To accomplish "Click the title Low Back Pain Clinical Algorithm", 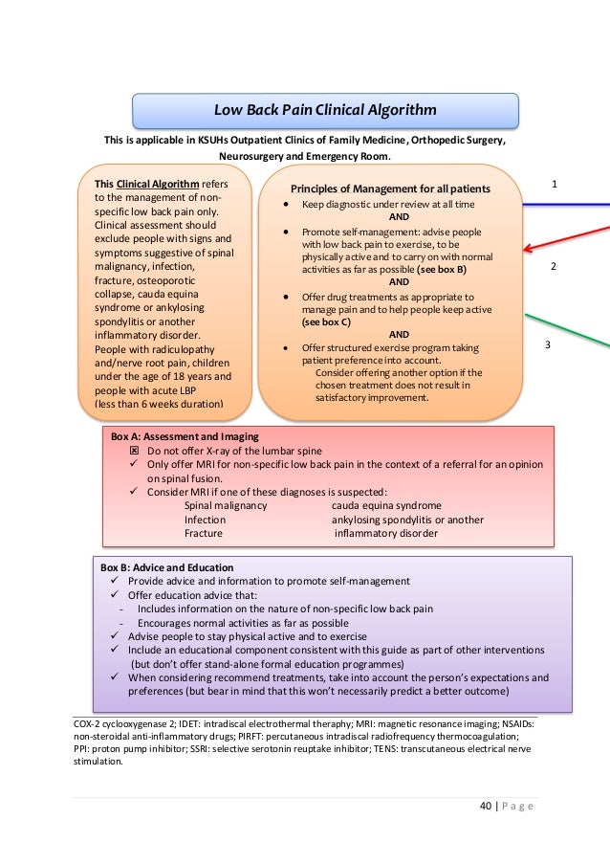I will pyautogui.click(x=325, y=110).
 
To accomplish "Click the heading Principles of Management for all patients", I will pyautogui.click(x=391, y=188).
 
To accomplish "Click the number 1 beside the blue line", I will pyautogui.click(x=555, y=183).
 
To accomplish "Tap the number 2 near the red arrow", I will pyautogui.click(x=555, y=267).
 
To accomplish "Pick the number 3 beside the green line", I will pyautogui.click(x=549, y=343).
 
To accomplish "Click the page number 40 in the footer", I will pyautogui.click(x=486, y=805).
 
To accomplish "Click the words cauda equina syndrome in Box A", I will pyautogui.click(x=386, y=505).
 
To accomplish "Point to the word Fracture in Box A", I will pyautogui.click(x=204, y=533).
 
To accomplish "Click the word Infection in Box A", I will pyautogui.click(x=206, y=520).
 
